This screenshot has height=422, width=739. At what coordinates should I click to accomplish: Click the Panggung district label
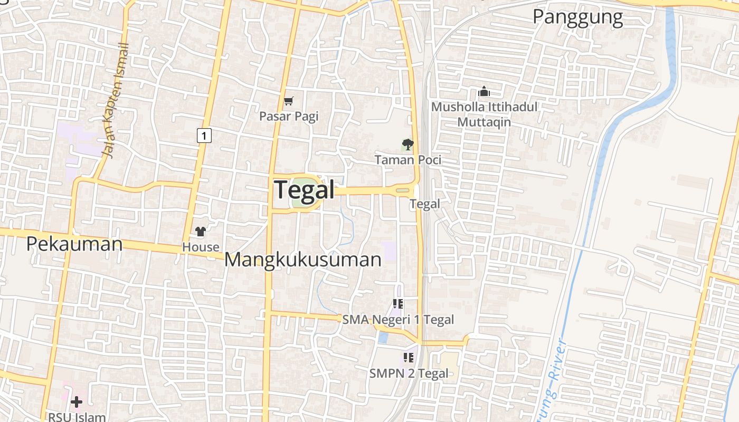coord(577,17)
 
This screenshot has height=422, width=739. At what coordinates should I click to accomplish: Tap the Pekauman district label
coord(74,244)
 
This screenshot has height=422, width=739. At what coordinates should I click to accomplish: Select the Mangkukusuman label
coord(303,260)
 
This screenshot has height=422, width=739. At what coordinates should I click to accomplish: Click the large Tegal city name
coord(305,190)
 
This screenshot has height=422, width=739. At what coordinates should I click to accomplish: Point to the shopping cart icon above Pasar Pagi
coord(288,101)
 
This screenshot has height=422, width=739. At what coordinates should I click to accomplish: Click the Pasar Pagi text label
coord(289,116)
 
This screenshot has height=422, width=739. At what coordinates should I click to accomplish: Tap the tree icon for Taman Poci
coord(408,144)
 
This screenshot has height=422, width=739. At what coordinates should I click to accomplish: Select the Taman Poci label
coord(408,159)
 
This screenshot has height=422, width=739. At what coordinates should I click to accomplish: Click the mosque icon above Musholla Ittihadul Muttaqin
coord(484,92)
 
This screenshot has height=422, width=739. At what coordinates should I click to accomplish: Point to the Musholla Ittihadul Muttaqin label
coord(484,114)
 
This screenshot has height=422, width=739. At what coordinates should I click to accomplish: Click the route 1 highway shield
coord(204,136)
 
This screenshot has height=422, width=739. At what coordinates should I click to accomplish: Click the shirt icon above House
coord(201,231)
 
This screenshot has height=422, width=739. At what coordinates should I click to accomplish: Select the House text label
coord(201,247)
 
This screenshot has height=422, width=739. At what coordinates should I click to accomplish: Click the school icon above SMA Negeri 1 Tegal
coord(398,304)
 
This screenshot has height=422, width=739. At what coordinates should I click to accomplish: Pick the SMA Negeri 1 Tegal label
coord(398,320)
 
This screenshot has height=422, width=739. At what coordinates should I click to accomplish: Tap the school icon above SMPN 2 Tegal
coord(408,358)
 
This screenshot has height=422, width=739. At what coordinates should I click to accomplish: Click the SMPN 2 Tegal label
coord(409,373)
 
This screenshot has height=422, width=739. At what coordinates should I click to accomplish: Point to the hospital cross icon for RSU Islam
coord(77,402)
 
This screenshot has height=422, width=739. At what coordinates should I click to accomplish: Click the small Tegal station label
coord(425,204)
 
